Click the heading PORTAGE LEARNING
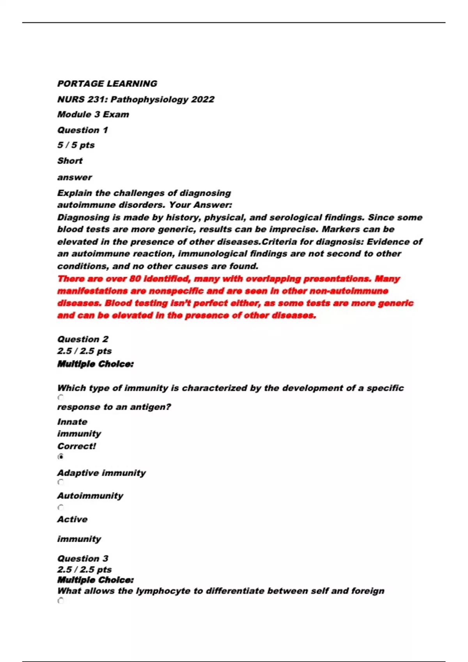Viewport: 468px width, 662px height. [x=107, y=84]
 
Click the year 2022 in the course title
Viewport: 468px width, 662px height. [x=202, y=99]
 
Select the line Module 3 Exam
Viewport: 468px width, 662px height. [x=93, y=114]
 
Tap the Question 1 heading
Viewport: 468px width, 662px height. [x=83, y=130]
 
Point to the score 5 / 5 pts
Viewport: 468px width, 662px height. [x=76, y=145]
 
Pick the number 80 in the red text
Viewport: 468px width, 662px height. [x=135, y=279]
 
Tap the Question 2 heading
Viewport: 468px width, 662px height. [x=83, y=339]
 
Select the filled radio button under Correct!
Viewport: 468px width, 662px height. [x=61, y=456]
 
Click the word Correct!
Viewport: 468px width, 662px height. [x=76, y=446]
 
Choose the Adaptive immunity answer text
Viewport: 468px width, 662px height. [x=101, y=473]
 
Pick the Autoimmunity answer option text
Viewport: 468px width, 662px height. [x=90, y=496]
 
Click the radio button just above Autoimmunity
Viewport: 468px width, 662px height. [x=61, y=482]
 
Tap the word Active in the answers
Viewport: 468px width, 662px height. [x=73, y=519]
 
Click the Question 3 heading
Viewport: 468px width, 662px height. [x=83, y=558]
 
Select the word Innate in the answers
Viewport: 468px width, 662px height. [x=73, y=422]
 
